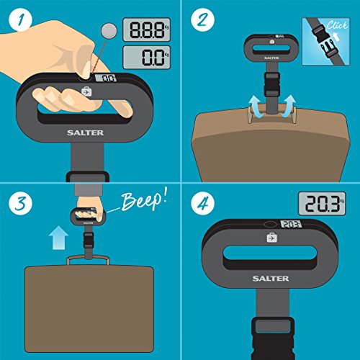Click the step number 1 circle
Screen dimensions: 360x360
pos(20,19)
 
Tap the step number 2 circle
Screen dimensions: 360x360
pos(202,19)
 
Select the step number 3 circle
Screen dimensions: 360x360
pos(20,203)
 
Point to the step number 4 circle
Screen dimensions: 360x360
pos(202,203)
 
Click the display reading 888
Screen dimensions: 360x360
pos(147,30)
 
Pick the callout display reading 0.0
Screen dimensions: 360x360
pos(147,57)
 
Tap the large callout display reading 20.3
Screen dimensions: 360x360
pos(322,203)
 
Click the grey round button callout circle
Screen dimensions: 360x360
pos(109,31)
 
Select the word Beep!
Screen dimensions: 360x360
pos(144,200)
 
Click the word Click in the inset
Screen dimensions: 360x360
pos(336,25)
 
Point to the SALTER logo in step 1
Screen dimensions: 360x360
pos(86,132)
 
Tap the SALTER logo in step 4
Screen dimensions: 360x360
pos(271,279)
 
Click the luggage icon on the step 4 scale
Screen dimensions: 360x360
pos(272,238)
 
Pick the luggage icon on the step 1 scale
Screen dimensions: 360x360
pos(86,91)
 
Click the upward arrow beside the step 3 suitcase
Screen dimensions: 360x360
pos(58,238)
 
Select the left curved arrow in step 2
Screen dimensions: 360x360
pos(256,107)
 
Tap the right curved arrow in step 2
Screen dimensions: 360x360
pos(288,106)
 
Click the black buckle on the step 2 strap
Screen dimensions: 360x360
pos(272,85)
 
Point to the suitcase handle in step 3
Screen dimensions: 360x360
pos(88,259)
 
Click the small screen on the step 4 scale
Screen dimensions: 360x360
pos(291,224)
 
